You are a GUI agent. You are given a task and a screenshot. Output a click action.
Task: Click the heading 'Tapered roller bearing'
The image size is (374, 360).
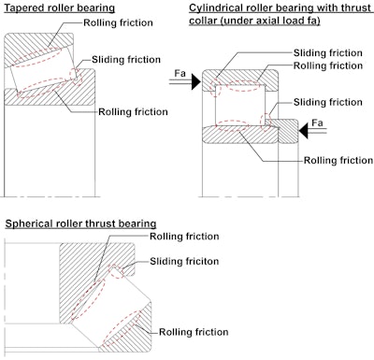(x=59, y=7)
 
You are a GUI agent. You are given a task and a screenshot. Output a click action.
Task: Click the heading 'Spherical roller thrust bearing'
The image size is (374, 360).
(x=80, y=223)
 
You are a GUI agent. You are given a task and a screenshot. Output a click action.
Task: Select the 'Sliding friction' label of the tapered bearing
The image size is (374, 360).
(x=126, y=60)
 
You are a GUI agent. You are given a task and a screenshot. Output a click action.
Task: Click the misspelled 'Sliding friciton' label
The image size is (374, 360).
(x=184, y=261)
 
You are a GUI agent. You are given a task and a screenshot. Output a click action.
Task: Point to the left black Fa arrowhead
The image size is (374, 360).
(x=196, y=81)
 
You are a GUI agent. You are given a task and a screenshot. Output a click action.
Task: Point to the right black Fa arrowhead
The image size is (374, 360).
(x=304, y=130)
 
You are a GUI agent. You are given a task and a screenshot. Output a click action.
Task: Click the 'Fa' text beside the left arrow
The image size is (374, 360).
(x=180, y=74)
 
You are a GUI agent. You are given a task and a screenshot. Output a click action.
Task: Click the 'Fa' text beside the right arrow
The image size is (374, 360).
(x=317, y=122)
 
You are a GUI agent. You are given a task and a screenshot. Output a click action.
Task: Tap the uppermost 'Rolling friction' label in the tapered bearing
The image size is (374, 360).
(x=118, y=22)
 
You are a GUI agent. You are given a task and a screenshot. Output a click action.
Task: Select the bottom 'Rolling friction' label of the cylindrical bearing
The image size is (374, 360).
(x=338, y=161)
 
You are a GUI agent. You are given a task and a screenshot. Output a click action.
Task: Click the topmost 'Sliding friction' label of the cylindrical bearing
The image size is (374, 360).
(x=328, y=53)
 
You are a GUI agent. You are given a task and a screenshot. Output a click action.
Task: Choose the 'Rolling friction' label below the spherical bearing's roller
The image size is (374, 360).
(x=194, y=332)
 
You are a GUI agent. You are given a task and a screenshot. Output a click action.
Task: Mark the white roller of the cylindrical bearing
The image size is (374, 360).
(x=240, y=105)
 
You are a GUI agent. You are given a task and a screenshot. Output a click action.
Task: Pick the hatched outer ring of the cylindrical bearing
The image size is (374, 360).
(x=240, y=79)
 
